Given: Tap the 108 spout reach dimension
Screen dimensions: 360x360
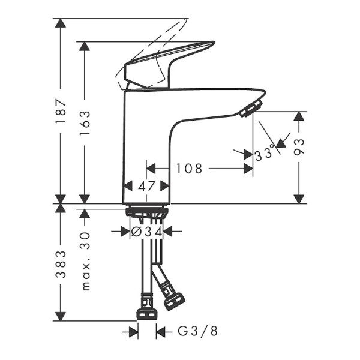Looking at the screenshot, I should click(x=189, y=169).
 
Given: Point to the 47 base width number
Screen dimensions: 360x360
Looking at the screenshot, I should click(x=147, y=187).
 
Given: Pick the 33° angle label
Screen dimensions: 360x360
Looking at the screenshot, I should click(x=265, y=153).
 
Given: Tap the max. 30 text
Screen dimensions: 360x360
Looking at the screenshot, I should click(x=86, y=262).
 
